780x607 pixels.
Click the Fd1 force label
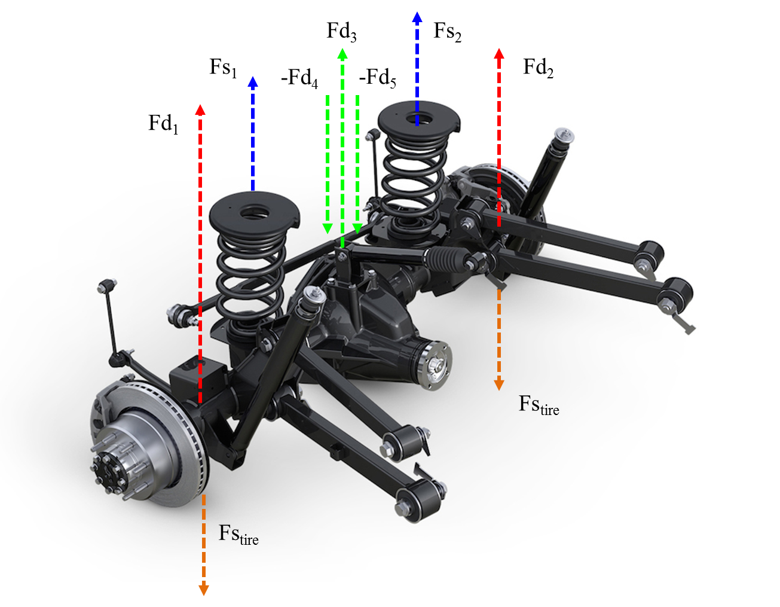163,124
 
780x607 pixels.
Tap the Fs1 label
223,68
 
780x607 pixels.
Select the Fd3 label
341,32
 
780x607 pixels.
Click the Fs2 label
447,32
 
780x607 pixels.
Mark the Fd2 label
538,68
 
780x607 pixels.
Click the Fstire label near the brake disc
238,535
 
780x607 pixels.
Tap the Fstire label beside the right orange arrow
539,405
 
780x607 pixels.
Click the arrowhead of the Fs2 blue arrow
417,18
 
